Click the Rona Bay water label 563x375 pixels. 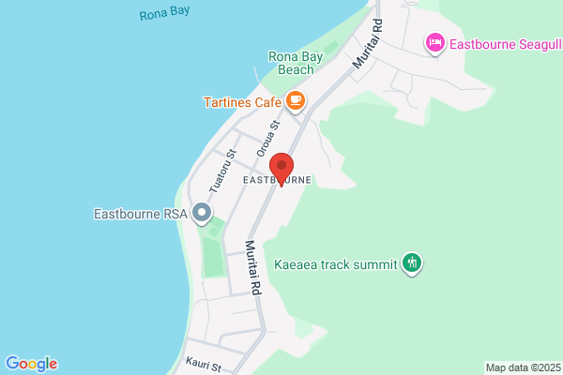(164, 16)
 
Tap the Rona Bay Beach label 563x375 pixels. (296, 63)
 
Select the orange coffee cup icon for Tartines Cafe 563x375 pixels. (296, 98)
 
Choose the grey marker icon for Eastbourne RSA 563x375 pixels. (201, 214)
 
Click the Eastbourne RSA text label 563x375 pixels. (140, 214)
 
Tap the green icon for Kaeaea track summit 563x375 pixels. (411, 263)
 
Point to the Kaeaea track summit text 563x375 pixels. (335, 263)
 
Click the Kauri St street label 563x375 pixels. (203, 365)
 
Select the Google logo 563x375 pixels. (31, 364)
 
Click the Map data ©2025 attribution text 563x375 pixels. (522, 367)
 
